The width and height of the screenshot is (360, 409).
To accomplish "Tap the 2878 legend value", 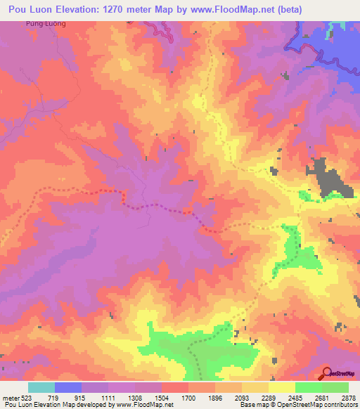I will (349, 397).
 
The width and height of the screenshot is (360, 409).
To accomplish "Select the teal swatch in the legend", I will (41, 387).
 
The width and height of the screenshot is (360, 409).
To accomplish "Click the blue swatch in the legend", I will (68, 387).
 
